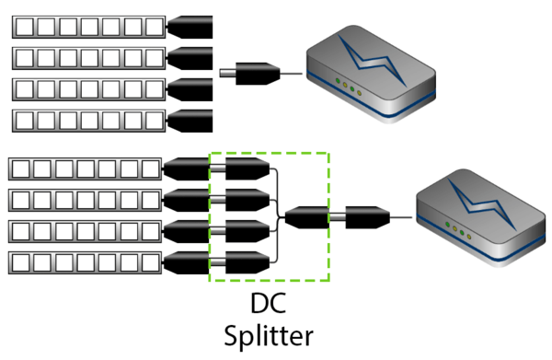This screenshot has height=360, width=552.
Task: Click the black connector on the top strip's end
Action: [x=190, y=22]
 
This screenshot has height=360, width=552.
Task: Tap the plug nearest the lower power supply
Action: [x=368, y=218]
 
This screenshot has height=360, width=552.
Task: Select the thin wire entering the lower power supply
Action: [x=403, y=218]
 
